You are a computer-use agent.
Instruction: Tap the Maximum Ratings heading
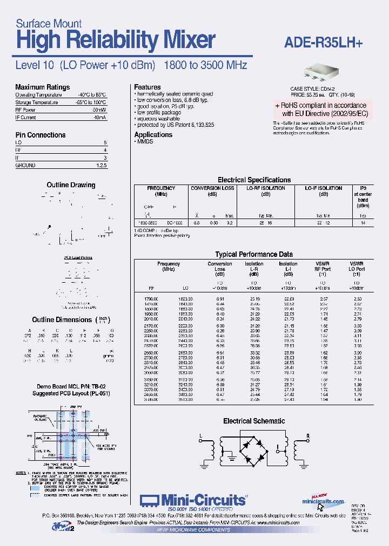(42, 87)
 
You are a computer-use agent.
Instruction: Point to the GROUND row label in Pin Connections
(26, 165)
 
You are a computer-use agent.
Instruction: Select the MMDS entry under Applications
(144, 141)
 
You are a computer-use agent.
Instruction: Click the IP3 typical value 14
(363, 222)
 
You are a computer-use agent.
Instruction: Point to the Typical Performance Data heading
(254, 254)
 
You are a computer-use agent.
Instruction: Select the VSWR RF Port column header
(323, 266)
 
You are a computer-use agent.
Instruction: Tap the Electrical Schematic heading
(254, 421)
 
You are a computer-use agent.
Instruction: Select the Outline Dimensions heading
(62, 320)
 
